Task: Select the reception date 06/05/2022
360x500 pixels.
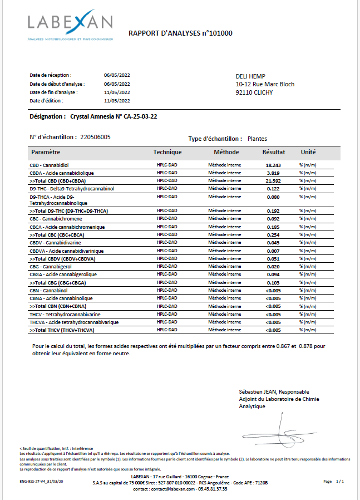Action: pyautogui.click(x=117, y=75)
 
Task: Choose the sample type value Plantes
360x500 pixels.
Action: pyautogui.click(x=258, y=139)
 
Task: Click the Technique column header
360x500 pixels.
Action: pyautogui.click(x=167, y=152)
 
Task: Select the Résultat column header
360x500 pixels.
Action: pyautogui.click(x=274, y=152)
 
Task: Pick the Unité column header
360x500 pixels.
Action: pyautogui.click(x=308, y=152)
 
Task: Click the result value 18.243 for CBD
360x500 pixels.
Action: pyautogui.click(x=273, y=165)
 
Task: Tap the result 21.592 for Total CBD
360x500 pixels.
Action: pyautogui.click(x=273, y=181)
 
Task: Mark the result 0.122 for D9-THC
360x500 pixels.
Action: pyautogui.click(x=273, y=189)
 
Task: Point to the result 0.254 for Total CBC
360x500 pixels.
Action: pyautogui.click(x=273, y=235)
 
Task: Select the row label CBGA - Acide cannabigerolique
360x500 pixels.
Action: pyautogui.click(x=63, y=274)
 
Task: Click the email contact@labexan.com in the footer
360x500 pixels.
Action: pyautogui.click(x=169, y=489)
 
